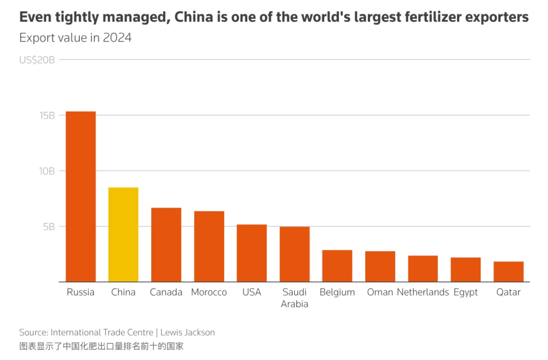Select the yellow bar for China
point(123,235)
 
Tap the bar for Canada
point(166,245)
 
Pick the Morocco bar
point(209,246)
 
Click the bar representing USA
point(252,253)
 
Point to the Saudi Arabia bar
point(294,254)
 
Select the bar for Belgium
point(337,266)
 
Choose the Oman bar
point(380,266)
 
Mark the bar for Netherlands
point(423,269)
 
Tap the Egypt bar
point(465,270)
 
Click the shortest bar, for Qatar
point(508,272)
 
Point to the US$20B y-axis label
point(37,60)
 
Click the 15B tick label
point(47,115)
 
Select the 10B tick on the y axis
point(47,171)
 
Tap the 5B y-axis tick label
point(49,226)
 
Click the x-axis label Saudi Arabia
point(294,298)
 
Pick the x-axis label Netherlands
point(423,292)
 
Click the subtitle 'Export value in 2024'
point(75,38)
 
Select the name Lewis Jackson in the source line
point(188,333)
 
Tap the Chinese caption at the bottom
point(101,346)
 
